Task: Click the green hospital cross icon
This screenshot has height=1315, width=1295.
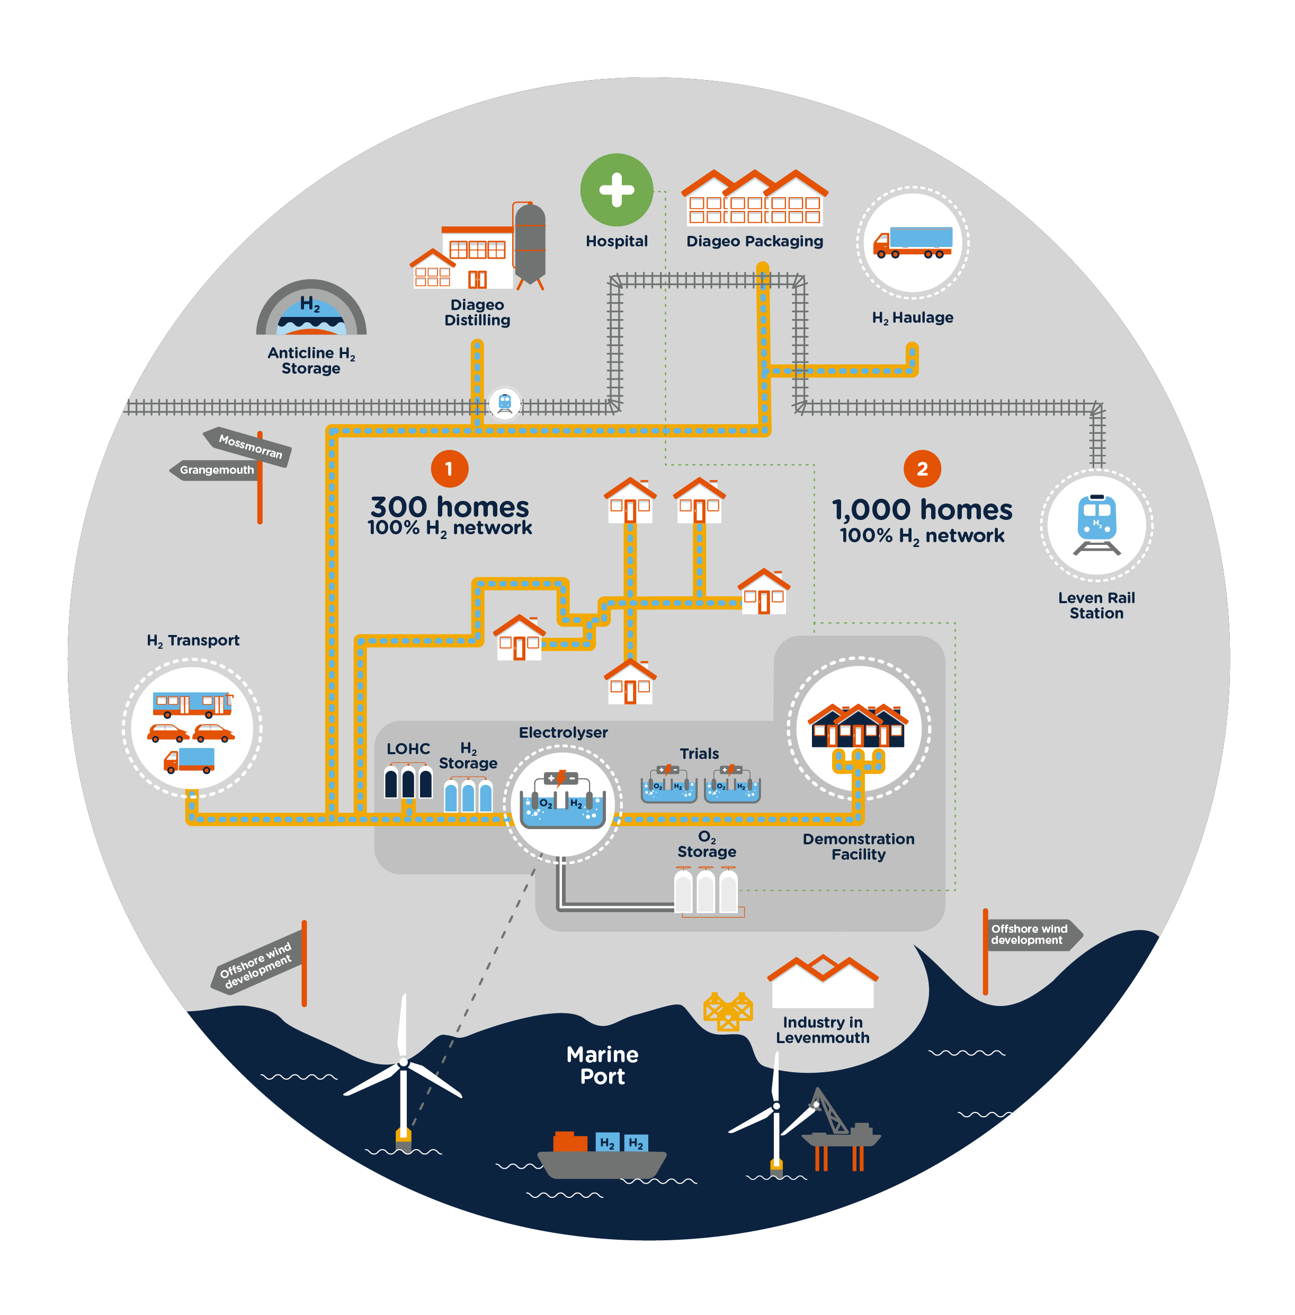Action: click(616, 190)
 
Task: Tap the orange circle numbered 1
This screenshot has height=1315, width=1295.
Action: click(449, 469)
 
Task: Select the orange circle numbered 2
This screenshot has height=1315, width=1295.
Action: click(922, 469)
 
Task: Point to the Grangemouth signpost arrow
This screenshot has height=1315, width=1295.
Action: click(215, 470)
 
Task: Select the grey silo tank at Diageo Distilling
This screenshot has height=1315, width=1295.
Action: click(530, 244)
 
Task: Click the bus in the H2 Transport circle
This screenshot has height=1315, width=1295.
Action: click(192, 704)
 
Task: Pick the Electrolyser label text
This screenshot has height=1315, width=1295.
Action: click(563, 732)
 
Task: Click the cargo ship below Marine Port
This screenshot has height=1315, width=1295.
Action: click(602, 1157)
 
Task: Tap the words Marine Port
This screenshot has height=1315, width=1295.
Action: click(602, 1066)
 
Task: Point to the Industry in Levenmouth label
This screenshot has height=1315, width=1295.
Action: click(823, 1030)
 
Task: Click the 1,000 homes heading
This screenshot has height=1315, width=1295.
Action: click(922, 510)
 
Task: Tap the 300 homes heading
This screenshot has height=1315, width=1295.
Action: click(449, 507)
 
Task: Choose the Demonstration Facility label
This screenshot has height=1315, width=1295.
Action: click(859, 846)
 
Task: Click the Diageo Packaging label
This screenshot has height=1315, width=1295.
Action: click(754, 241)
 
